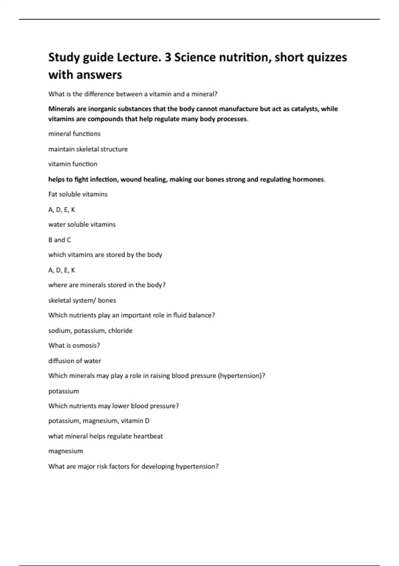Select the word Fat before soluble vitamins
[53, 194]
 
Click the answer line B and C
[60, 240]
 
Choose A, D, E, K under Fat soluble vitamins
[62, 210]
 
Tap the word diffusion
[61, 361]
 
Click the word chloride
[120, 331]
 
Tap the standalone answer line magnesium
[66, 451]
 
